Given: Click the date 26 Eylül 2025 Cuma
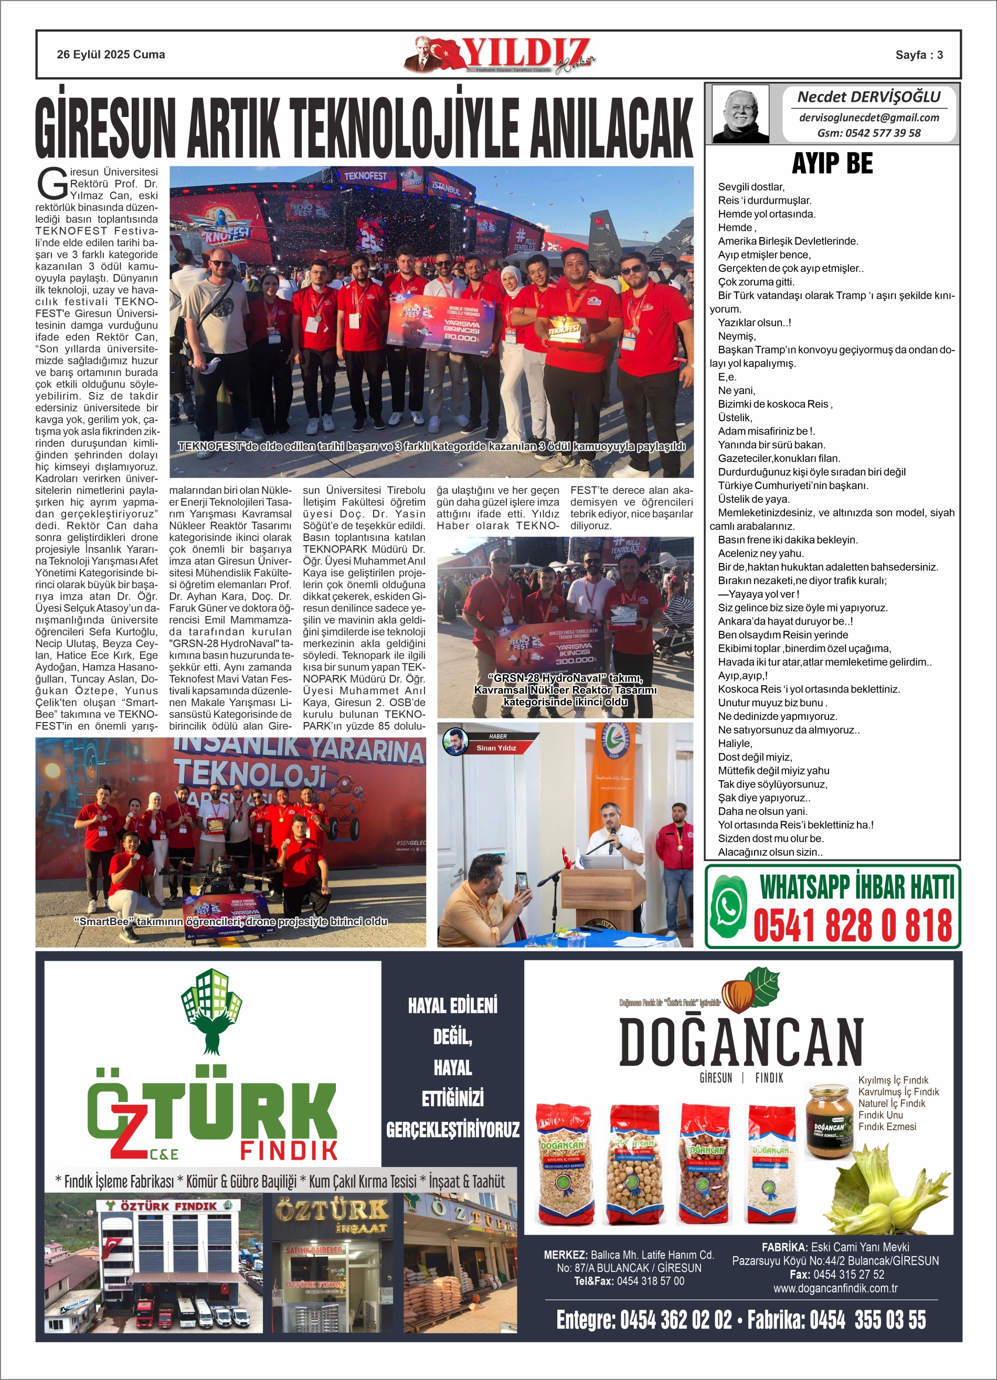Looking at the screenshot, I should [111, 55].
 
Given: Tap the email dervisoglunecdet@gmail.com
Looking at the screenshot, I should [868, 118].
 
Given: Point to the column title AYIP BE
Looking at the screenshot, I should [832, 164].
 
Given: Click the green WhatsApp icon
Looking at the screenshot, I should [728, 906].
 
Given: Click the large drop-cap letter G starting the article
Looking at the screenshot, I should [52, 184].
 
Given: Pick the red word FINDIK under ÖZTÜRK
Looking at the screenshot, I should [289, 1151].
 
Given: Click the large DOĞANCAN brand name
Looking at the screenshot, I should [741, 1042].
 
